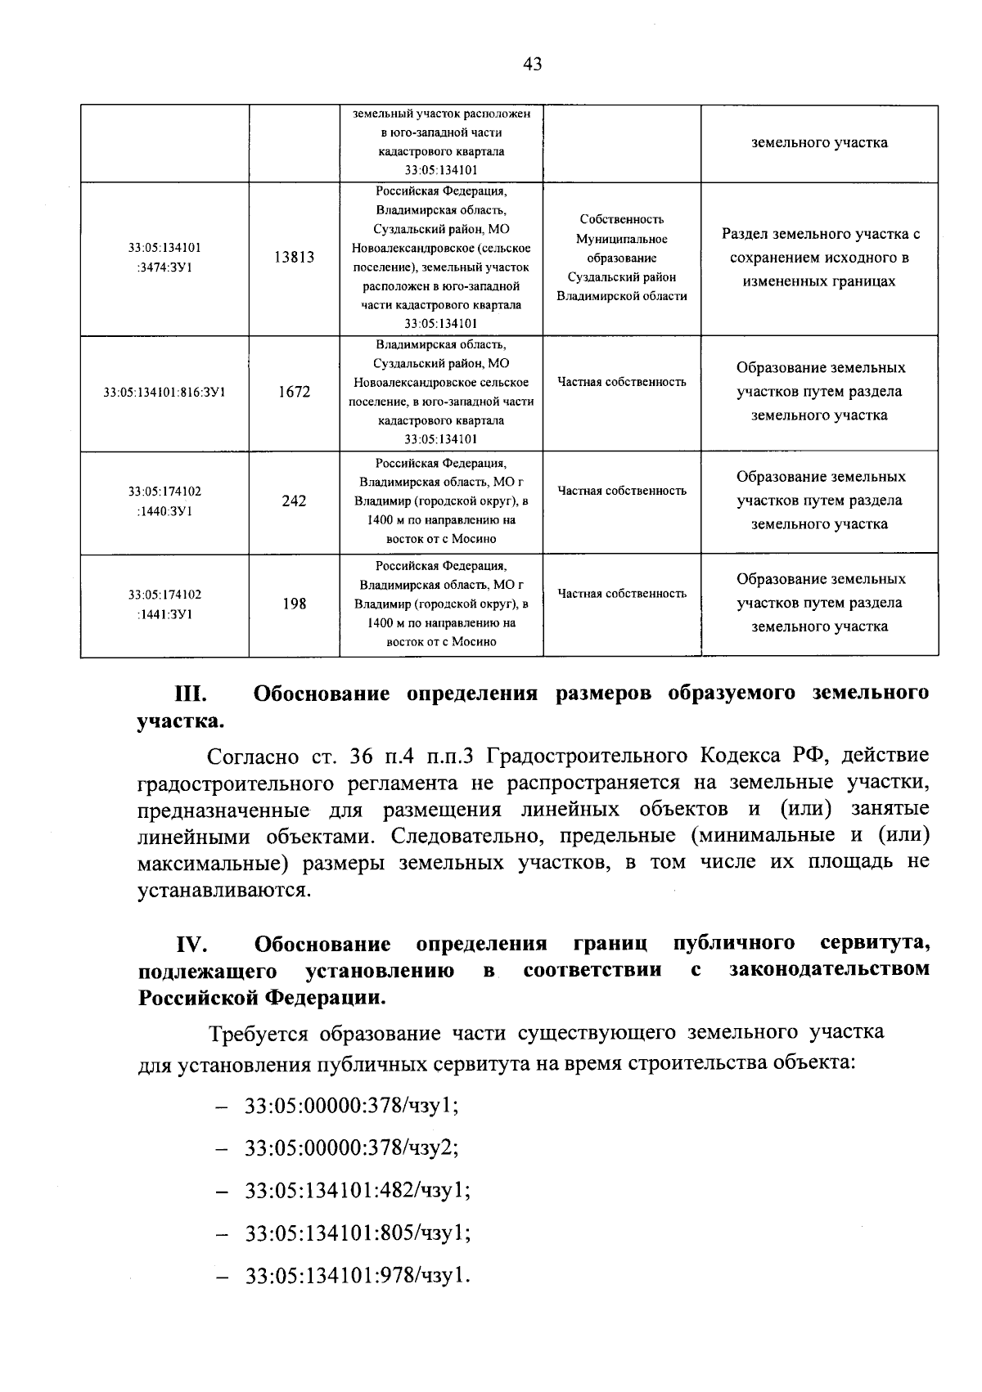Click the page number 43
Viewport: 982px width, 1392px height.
click(531, 64)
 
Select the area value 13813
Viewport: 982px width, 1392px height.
click(294, 258)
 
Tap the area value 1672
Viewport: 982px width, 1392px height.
click(294, 393)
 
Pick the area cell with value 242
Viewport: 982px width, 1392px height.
click(294, 501)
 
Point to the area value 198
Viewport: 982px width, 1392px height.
click(294, 604)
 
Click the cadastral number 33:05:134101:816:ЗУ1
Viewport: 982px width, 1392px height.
click(164, 393)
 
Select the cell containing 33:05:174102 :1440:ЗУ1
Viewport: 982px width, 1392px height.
click(164, 501)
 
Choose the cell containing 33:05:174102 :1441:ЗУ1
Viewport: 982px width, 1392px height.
click(164, 604)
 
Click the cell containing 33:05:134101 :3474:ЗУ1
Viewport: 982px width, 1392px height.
click(164, 258)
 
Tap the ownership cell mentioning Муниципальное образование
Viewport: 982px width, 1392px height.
click(621, 258)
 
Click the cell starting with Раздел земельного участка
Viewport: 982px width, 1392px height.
click(820, 258)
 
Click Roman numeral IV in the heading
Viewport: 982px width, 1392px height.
click(193, 945)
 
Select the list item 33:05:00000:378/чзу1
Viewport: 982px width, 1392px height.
click(351, 1106)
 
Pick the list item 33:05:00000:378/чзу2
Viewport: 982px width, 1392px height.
click(351, 1147)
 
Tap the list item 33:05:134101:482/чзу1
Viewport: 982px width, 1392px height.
click(358, 1190)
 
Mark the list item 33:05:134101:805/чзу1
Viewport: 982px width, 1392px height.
click(358, 1233)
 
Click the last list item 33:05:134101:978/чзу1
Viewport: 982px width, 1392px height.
click(358, 1275)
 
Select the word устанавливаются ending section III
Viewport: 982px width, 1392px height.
click(224, 890)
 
